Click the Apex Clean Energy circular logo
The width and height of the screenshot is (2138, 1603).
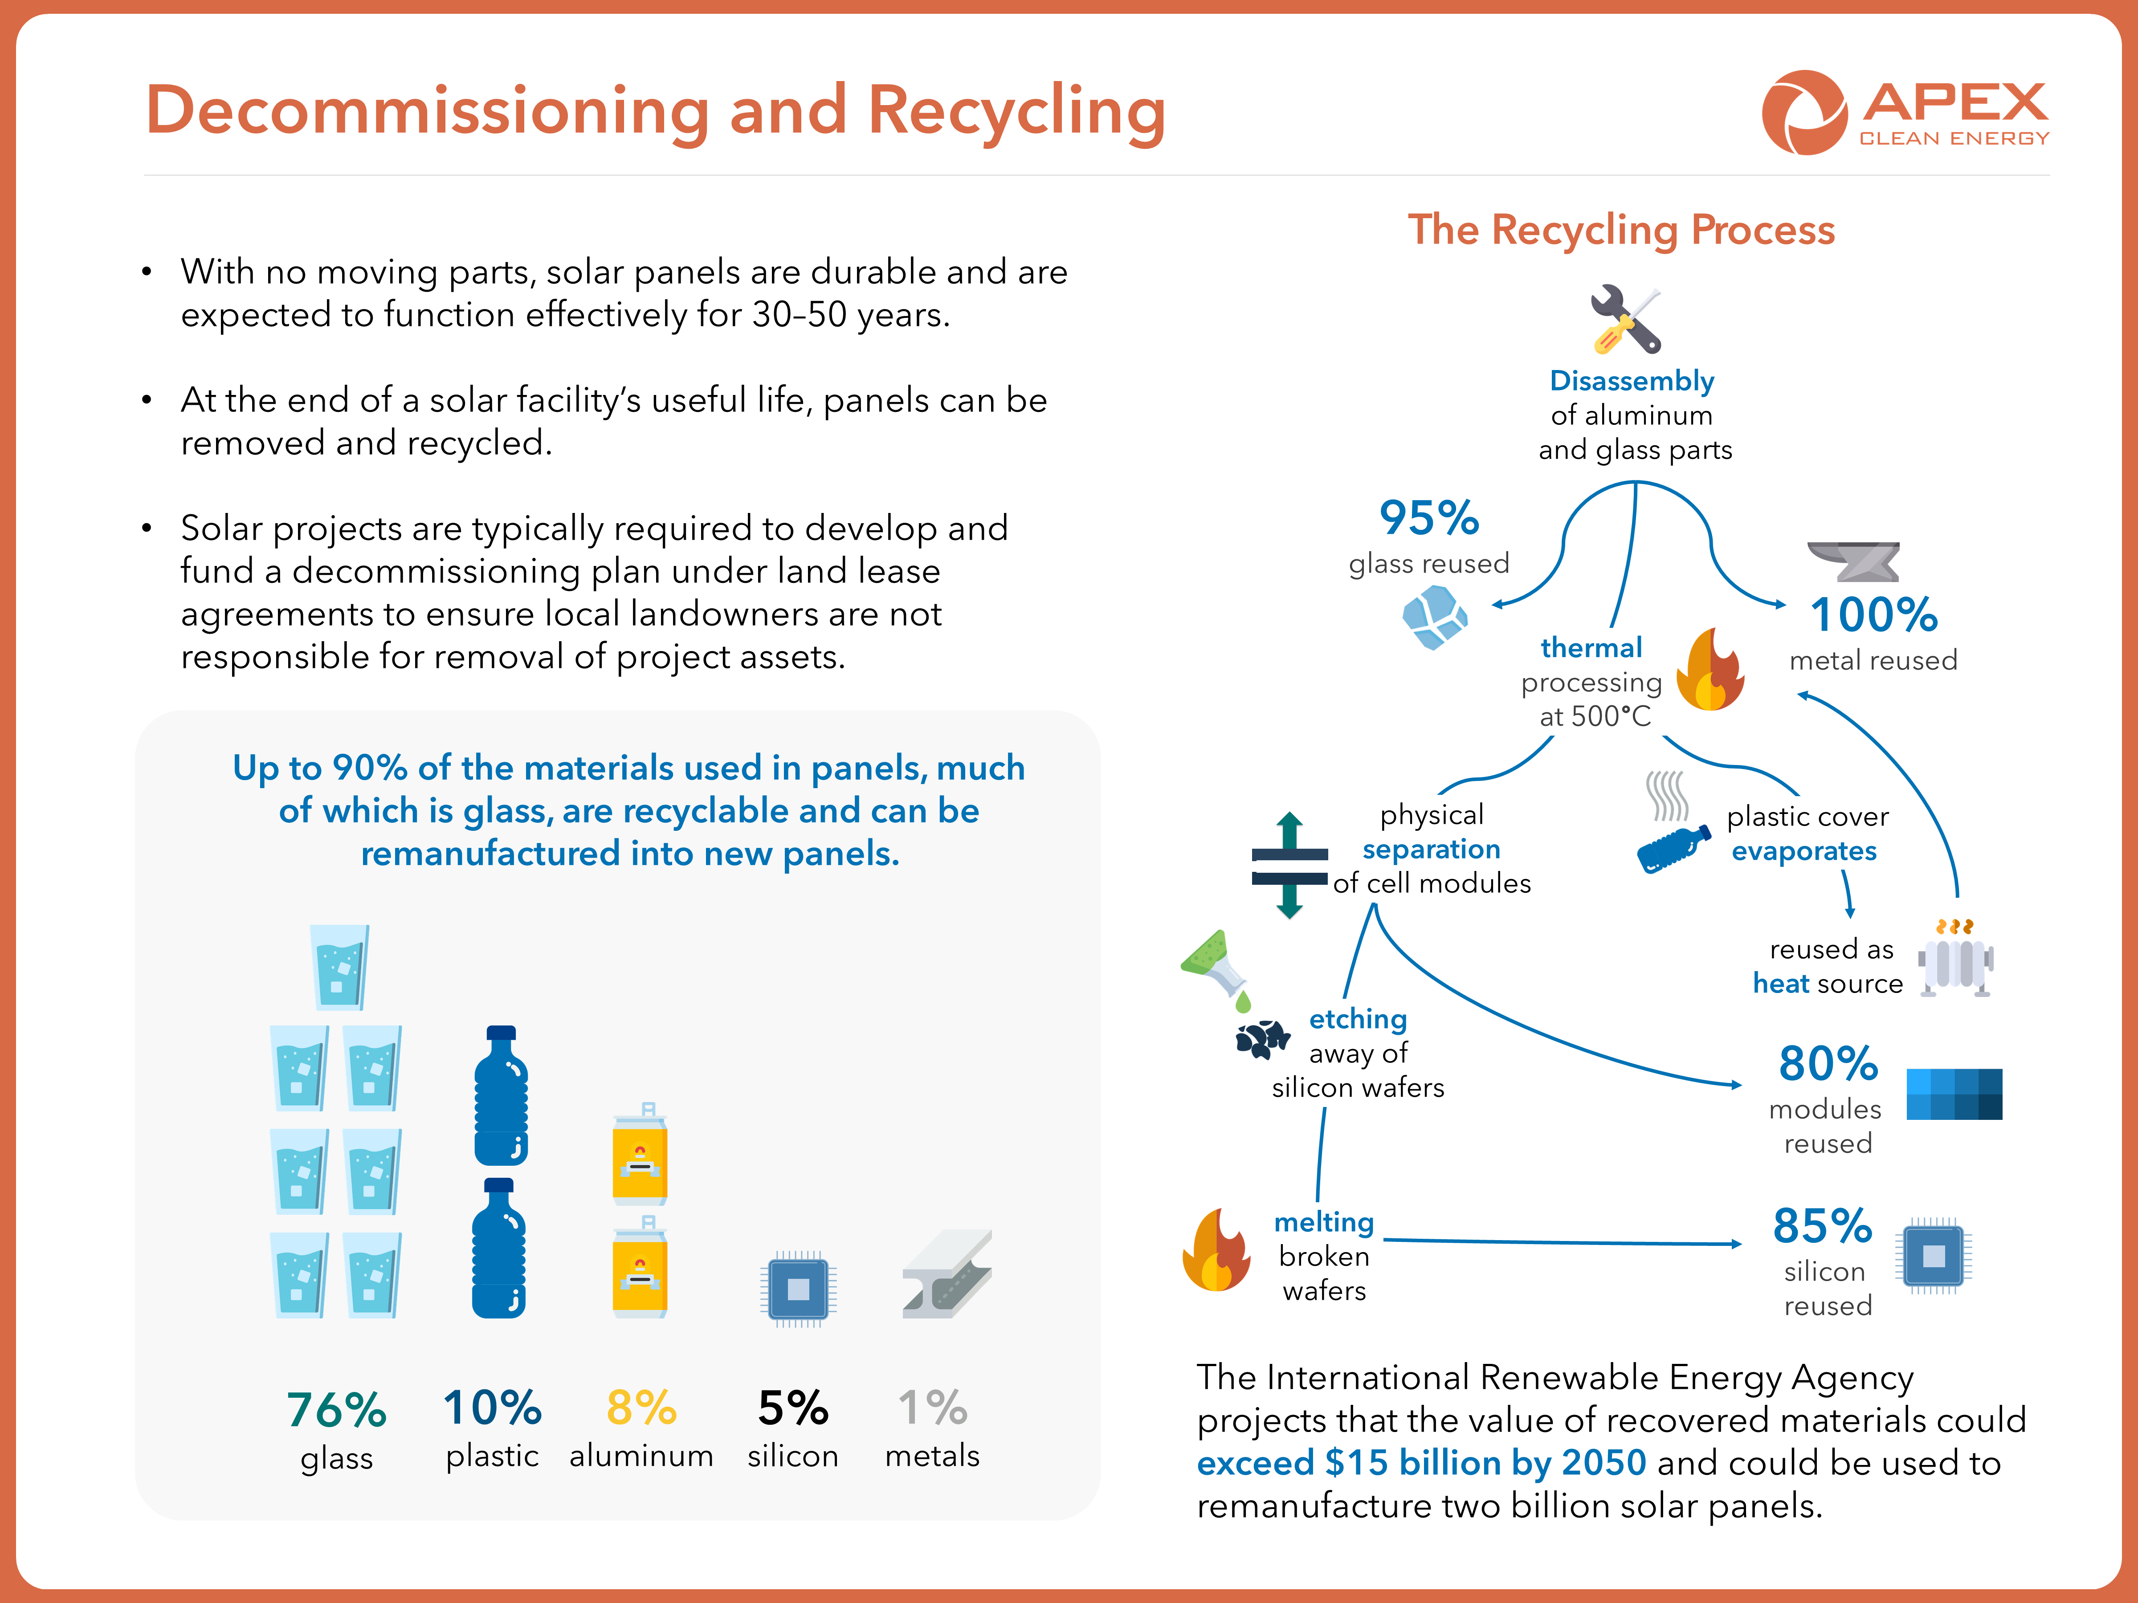pos(1803,112)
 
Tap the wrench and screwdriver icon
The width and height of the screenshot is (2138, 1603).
pos(1626,319)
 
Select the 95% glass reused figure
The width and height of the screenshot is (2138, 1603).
pos(1428,518)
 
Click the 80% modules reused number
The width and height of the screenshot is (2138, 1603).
pos(1828,1064)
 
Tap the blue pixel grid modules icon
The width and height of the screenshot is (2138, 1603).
pos(1954,1094)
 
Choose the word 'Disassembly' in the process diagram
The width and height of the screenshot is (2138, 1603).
pos(1632,381)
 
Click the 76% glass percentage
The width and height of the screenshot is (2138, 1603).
pos(336,1410)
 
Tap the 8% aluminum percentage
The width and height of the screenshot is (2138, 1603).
pos(641,1408)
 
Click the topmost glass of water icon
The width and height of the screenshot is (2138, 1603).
pos(338,966)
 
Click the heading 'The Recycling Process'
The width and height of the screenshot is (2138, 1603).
pos(1621,230)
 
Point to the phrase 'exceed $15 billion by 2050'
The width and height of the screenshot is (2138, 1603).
pos(1421,1463)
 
